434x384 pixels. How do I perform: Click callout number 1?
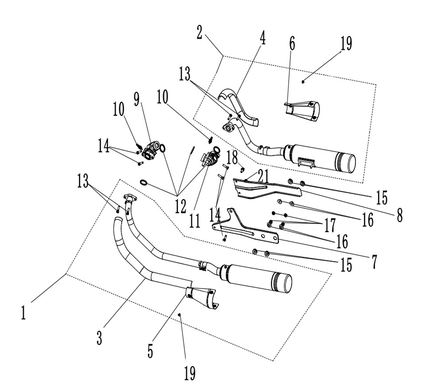point(24,313)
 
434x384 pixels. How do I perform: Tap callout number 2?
point(199,32)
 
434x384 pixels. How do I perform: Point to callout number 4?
point(263,38)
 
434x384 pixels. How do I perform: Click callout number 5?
point(150,351)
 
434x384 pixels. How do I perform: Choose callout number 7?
point(374,261)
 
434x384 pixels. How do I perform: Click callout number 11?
point(195,221)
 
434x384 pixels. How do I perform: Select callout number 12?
point(180,206)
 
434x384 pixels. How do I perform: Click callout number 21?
point(263,175)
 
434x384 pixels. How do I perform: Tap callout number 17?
point(330,225)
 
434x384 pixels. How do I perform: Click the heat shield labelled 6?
point(302,111)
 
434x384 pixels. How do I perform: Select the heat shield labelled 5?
point(202,297)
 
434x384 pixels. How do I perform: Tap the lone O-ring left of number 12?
point(143,182)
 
